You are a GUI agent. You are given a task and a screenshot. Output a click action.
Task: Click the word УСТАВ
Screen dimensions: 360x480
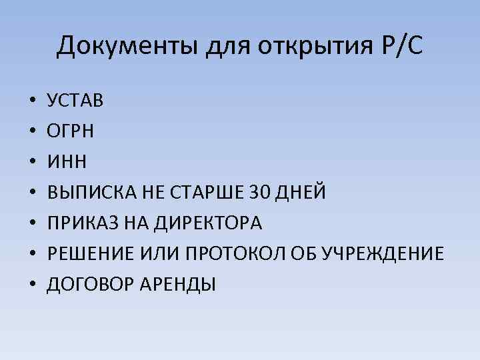coord(75,101)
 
